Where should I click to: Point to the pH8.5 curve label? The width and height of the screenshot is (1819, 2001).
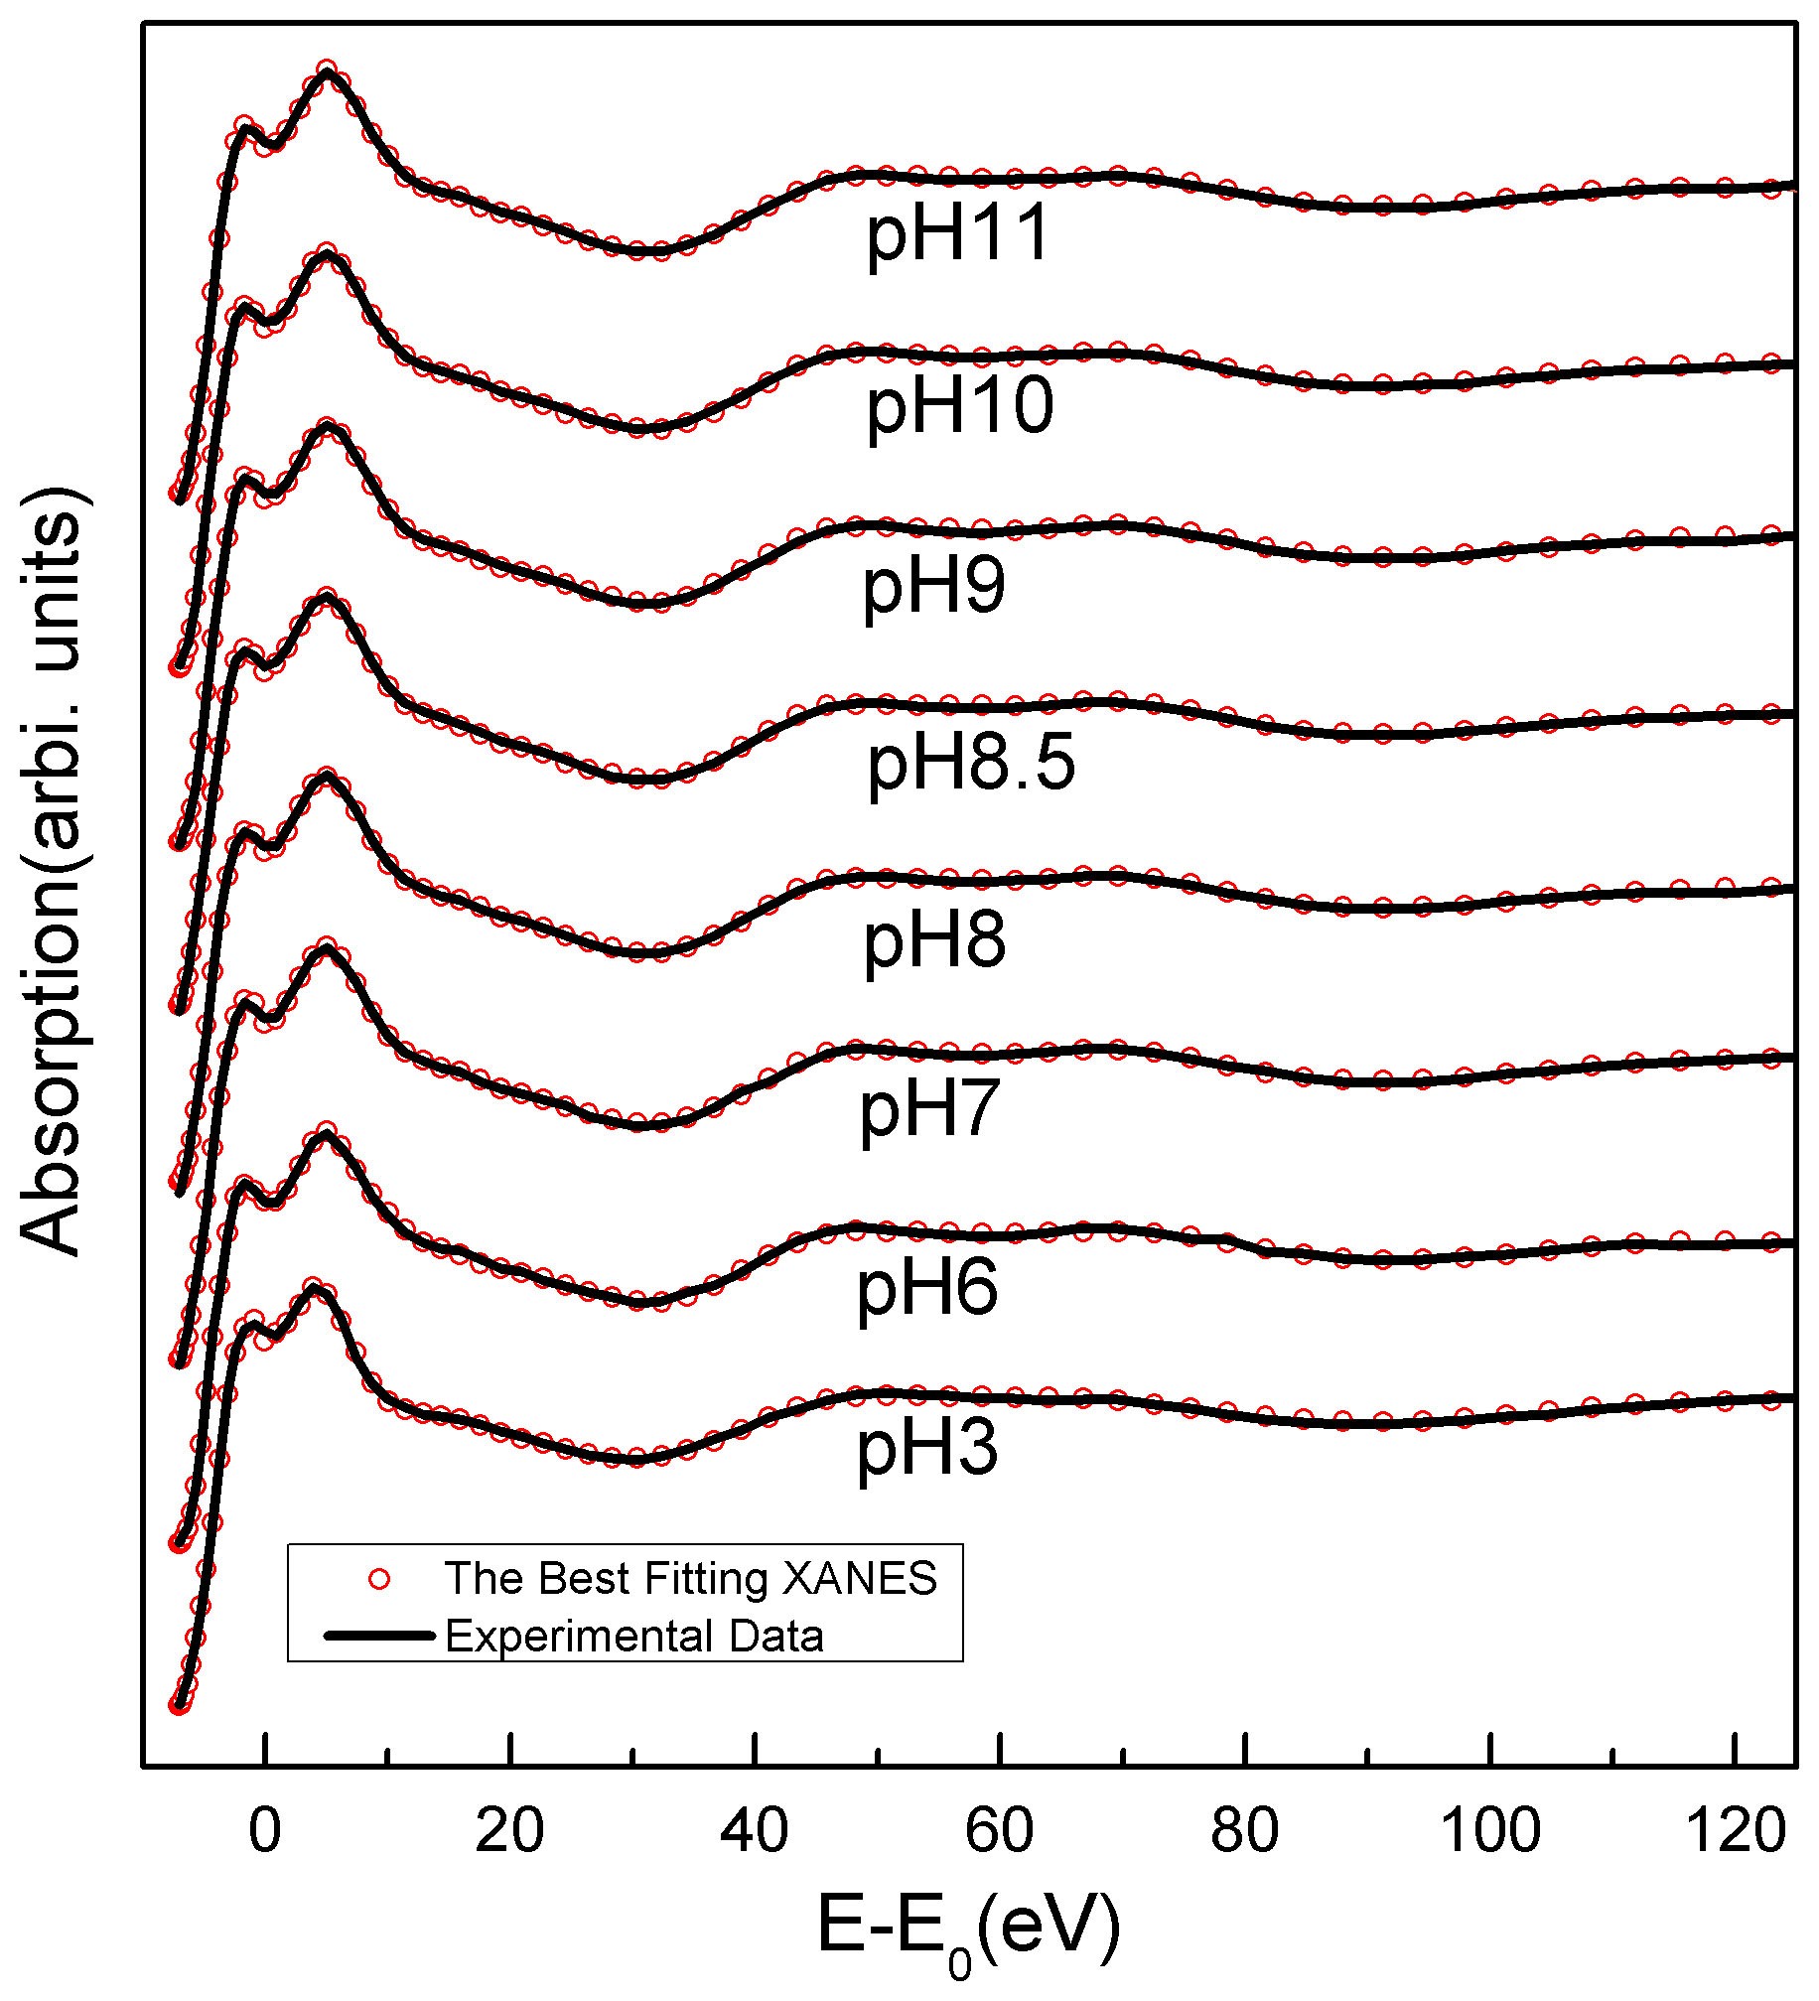971,765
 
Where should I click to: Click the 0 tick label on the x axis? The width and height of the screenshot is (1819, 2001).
264,1828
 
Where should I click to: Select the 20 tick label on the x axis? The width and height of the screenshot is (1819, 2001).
509,1828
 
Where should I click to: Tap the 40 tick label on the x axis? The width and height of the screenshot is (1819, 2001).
755,1828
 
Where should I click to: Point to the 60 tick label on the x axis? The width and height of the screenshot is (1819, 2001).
1000,1828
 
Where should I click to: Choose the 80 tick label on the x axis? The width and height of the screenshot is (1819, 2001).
1245,1828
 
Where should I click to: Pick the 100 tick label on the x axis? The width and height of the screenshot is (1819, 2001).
1489,1828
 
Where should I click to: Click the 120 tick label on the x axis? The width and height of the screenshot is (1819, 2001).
1735,1828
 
